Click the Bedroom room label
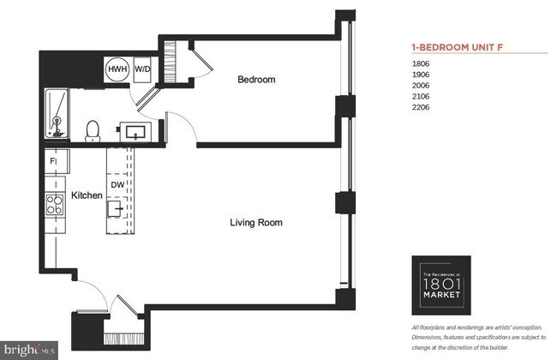(x=256, y=80)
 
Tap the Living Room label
(x=255, y=223)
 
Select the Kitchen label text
(x=87, y=195)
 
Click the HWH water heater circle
(x=117, y=70)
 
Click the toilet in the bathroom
(x=93, y=129)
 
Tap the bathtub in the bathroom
(x=58, y=115)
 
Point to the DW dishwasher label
(x=117, y=184)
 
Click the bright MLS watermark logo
(x=29, y=349)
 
